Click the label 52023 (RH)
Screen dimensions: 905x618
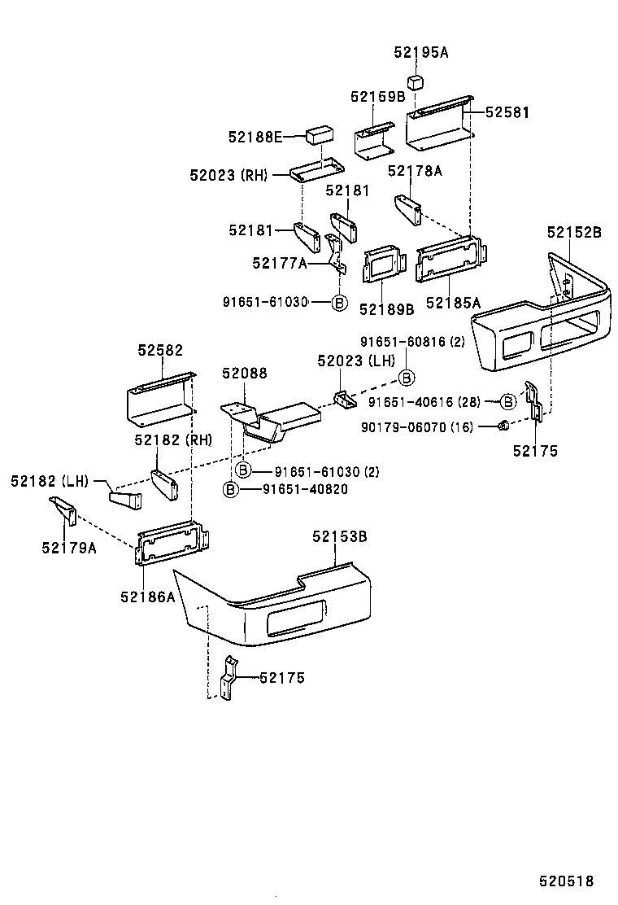click(x=228, y=174)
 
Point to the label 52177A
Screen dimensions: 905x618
click(x=280, y=262)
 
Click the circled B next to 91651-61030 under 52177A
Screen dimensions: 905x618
click(x=340, y=303)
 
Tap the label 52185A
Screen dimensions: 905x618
click(x=454, y=303)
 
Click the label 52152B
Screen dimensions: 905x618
click(x=574, y=233)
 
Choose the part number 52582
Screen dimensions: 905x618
click(x=160, y=350)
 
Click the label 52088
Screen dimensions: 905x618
click(x=244, y=373)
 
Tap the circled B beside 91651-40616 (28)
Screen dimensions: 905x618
click(x=507, y=401)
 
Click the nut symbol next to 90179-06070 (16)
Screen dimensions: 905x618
click(x=503, y=426)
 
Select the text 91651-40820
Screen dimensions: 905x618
click(x=305, y=488)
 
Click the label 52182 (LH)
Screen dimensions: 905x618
click(x=49, y=481)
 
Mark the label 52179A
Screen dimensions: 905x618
click(x=69, y=547)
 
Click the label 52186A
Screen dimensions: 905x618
click(x=148, y=596)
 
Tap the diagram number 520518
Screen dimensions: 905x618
click(x=566, y=881)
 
